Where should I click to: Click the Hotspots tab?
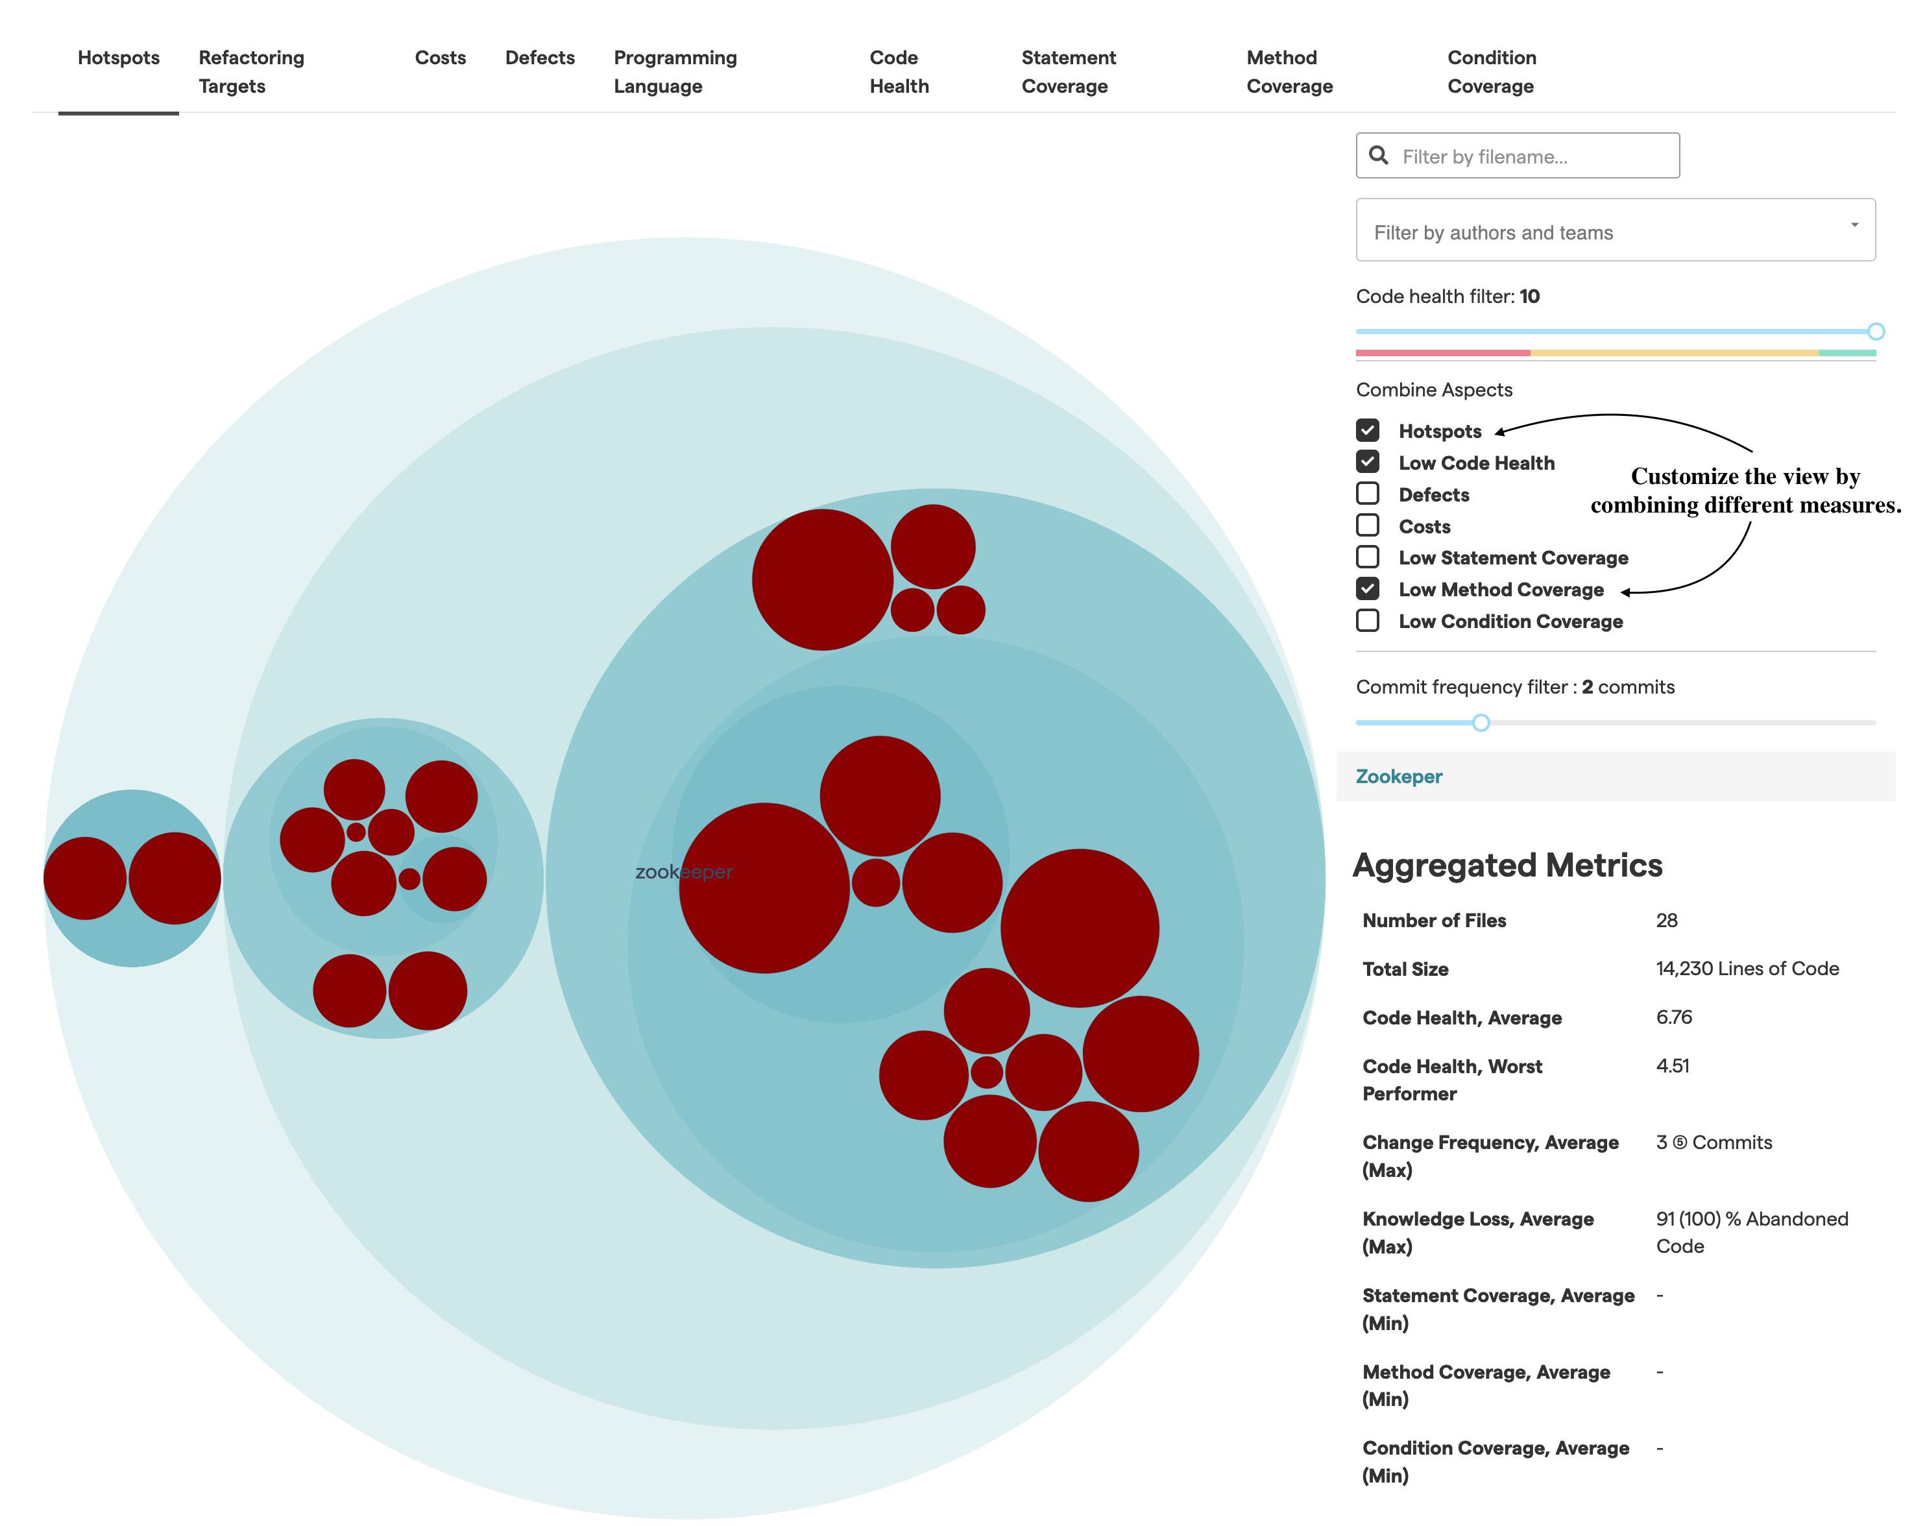click(x=118, y=58)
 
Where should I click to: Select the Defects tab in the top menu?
click(x=539, y=58)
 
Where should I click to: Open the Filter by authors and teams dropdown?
click(x=1614, y=232)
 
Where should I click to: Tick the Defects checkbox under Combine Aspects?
click(x=1367, y=494)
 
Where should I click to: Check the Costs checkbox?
click(x=1367, y=526)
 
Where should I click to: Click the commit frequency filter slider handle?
click(x=1480, y=723)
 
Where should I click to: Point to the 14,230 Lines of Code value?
click(x=1746, y=969)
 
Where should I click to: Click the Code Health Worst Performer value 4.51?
click(x=1673, y=1066)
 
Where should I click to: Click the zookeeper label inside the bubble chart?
click(x=684, y=873)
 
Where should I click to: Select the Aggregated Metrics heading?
click(x=1507, y=866)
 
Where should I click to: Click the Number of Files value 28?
click(x=1666, y=921)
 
